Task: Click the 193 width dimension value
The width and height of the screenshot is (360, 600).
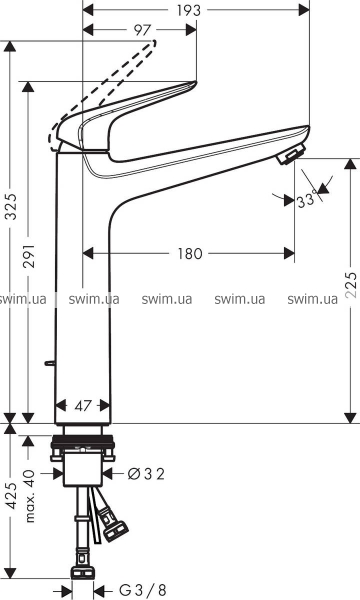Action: tap(189, 10)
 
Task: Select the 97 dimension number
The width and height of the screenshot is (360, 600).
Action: tap(142, 30)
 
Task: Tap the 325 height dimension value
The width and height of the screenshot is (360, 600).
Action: tap(12, 206)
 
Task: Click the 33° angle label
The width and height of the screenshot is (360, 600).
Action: tap(307, 199)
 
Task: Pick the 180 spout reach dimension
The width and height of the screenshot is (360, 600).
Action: tap(189, 253)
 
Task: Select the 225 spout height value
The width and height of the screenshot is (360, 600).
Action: tap(351, 284)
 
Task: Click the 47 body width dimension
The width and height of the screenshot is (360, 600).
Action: tap(83, 406)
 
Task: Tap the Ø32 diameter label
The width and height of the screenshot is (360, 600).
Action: tap(146, 474)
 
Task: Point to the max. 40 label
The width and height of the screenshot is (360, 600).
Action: tap(29, 496)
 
